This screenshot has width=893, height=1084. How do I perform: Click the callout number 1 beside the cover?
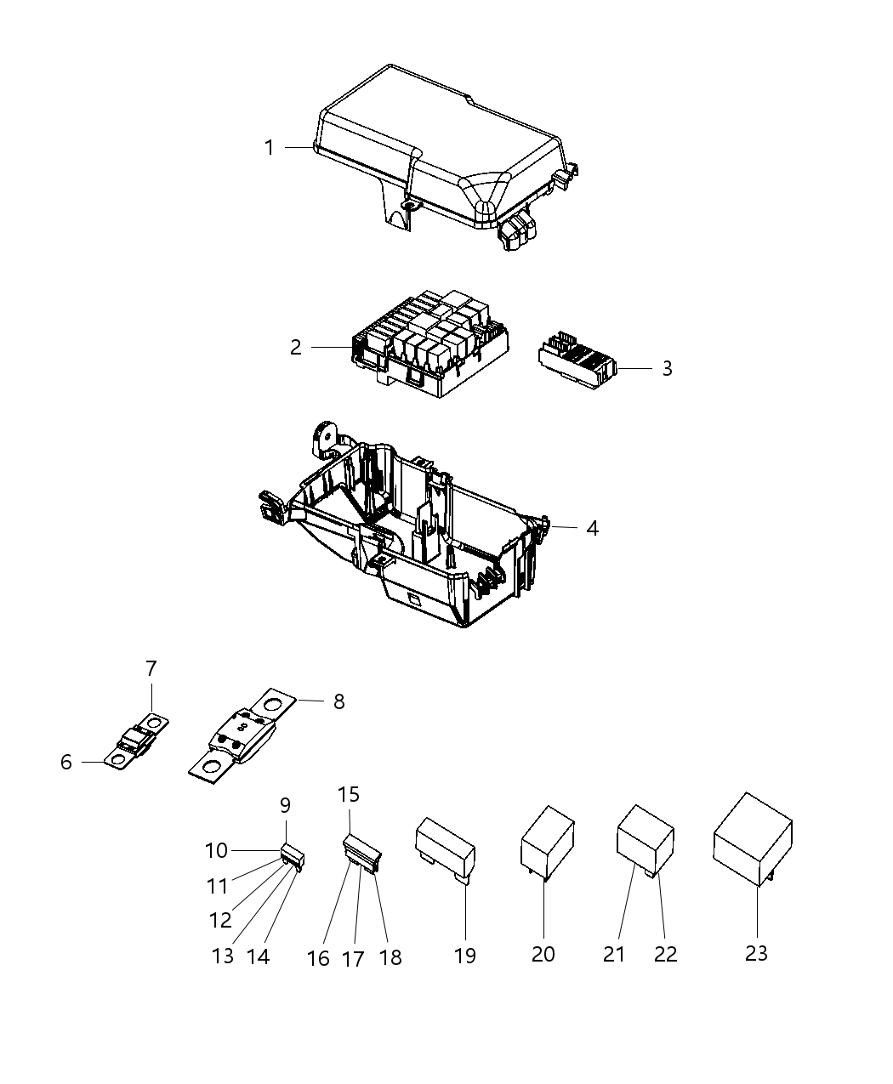pyautogui.click(x=270, y=148)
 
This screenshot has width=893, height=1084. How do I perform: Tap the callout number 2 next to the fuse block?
pyautogui.click(x=295, y=348)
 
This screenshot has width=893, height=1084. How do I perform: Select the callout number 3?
pyautogui.click(x=667, y=369)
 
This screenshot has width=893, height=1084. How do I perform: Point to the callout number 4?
pyautogui.click(x=592, y=529)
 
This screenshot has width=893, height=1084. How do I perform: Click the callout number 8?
pyautogui.click(x=338, y=701)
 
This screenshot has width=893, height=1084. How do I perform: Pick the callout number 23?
pyautogui.click(x=756, y=953)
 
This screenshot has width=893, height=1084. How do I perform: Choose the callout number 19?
pyautogui.click(x=465, y=955)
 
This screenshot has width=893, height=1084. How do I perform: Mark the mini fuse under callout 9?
pyautogui.click(x=292, y=853)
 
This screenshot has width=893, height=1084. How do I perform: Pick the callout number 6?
pyautogui.click(x=66, y=763)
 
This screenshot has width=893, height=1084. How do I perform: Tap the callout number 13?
pyautogui.click(x=222, y=956)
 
